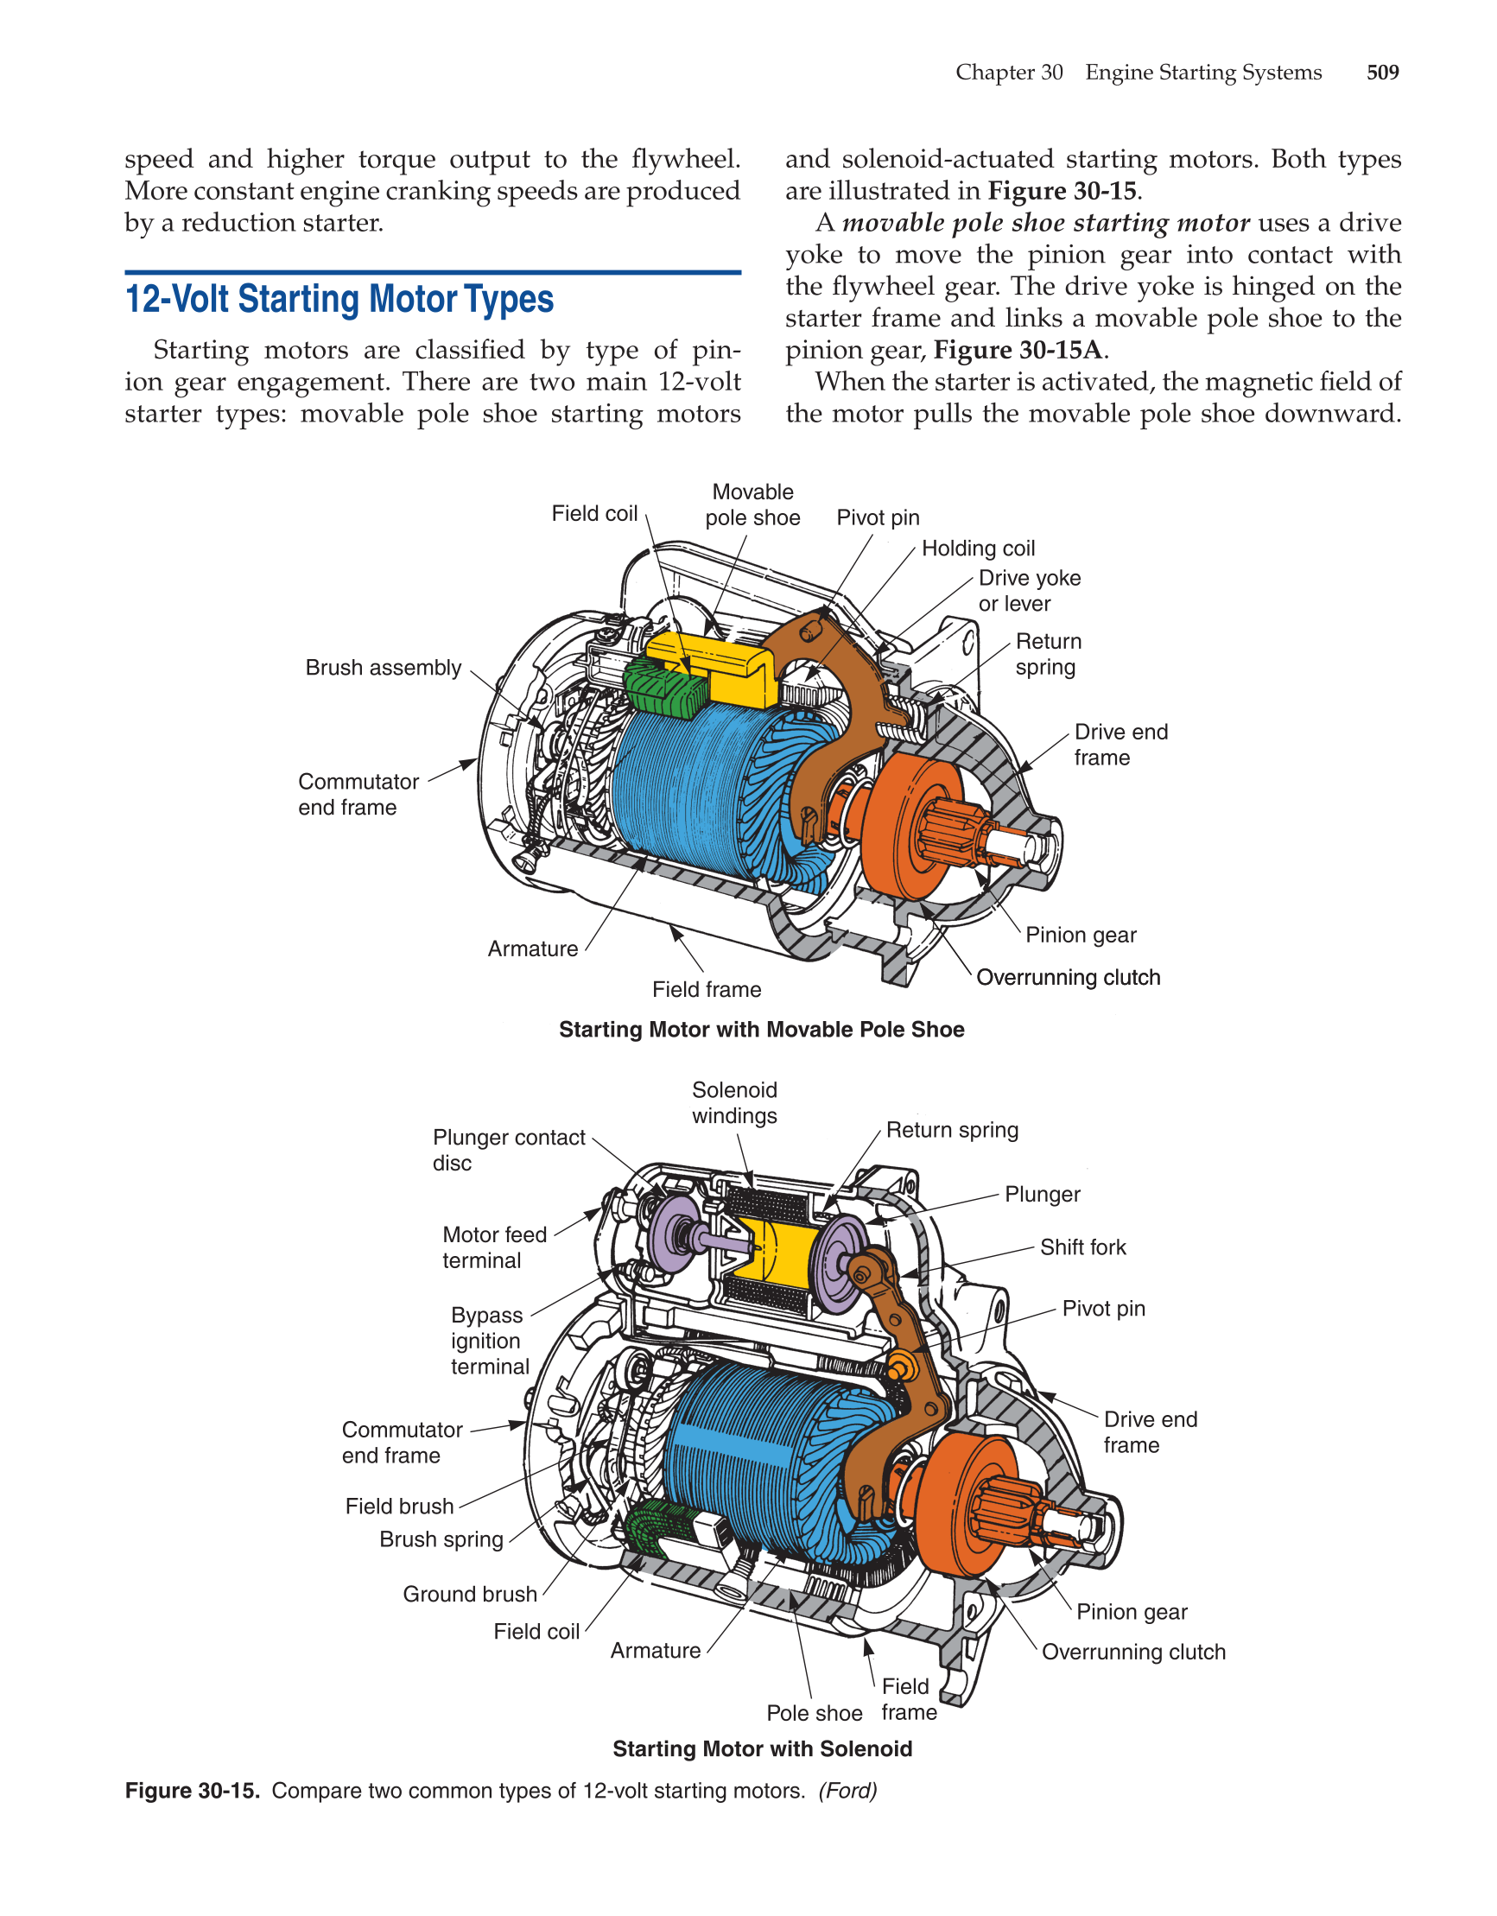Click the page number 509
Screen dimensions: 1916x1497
point(1382,72)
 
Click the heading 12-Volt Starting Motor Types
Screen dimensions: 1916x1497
point(339,299)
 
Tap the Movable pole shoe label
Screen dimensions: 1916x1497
point(752,504)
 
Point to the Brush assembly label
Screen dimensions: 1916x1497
point(383,668)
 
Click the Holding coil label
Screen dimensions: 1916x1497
point(978,549)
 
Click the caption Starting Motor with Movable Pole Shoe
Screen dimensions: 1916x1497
point(761,1029)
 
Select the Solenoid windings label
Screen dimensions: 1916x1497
point(734,1103)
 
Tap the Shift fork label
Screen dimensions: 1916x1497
point(1082,1247)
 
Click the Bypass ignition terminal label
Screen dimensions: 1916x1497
point(490,1341)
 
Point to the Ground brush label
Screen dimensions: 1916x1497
point(469,1594)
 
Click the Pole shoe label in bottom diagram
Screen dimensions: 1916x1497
point(814,1713)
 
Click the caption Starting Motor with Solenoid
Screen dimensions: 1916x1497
point(762,1748)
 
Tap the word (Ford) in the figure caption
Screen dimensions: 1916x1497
point(847,1791)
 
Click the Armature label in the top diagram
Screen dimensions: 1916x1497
point(533,948)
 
